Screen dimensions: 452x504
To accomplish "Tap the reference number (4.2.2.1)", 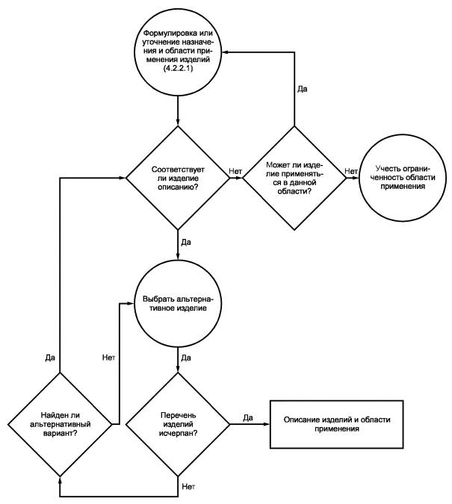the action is coord(178,68).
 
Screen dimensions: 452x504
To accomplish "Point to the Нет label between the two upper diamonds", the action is coord(235,171).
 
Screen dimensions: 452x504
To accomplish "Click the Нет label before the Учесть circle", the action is coord(351,171).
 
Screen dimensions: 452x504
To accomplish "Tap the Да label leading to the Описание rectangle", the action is coord(248,417).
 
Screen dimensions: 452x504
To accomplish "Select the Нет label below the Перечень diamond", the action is coord(188,487).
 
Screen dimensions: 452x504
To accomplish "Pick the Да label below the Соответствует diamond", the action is coord(186,242).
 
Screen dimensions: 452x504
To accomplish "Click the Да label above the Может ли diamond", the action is coord(302,89).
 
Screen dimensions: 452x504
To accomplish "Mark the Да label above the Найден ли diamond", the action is coord(50,358).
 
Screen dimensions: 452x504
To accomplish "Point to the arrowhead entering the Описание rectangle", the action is coord(267,424).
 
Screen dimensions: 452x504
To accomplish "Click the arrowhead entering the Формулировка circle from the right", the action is coord(225,52).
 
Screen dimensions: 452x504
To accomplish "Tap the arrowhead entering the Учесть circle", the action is coord(356,178).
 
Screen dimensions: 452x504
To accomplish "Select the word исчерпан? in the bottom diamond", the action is coord(179,433).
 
